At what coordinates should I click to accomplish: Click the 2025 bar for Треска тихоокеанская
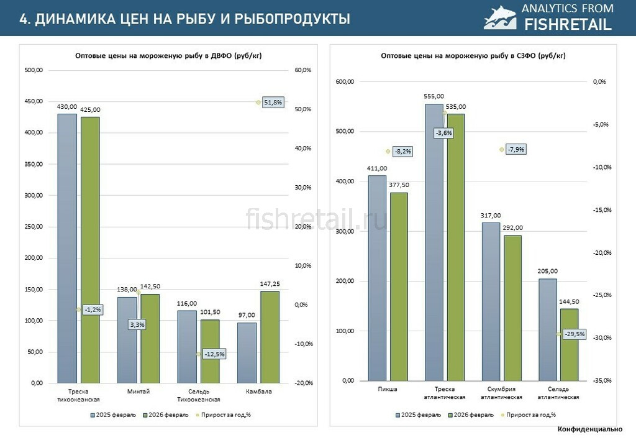tap(67, 249)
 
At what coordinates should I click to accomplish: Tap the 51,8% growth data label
tap(273, 102)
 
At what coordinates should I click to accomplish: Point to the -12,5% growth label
tap(214, 354)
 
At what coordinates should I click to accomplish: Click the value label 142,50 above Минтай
tap(150, 286)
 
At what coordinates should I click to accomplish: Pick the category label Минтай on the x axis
tap(138, 392)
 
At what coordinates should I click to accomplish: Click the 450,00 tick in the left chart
tap(34, 101)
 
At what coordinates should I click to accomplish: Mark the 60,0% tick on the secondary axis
tap(302, 70)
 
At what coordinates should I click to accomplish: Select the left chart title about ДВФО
tap(168, 56)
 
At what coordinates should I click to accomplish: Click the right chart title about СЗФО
tap(473, 56)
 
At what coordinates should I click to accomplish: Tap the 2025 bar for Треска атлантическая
tap(434, 242)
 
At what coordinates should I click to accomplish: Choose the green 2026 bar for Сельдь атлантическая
tap(569, 345)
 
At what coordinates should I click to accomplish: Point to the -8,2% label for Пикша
tap(402, 151)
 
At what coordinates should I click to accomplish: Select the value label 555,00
tap(434, 96)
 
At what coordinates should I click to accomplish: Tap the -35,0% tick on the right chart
tap(601, 380)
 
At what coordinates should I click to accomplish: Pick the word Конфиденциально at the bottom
tap(589, 429)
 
